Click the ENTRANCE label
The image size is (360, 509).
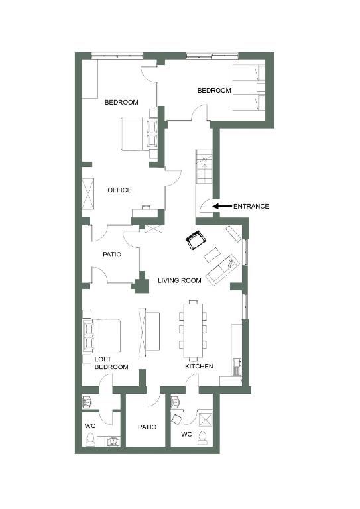coord(251,207)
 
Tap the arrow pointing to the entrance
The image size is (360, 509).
coord(221,206)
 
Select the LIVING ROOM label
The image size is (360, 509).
coord(180,280)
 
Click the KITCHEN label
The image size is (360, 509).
coord(199,366)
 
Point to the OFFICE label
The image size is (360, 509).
coord(119,190)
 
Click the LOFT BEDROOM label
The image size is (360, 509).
coord(111,363)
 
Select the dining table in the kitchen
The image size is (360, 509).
coord(193,329)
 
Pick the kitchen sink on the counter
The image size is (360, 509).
coord(236,367)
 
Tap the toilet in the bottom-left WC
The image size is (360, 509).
coord(90,440)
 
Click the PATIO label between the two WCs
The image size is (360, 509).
coord(147,427)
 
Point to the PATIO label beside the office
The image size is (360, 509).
coord(112,254)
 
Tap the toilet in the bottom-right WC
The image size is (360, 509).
coord(203,437)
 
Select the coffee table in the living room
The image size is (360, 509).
coord(211,254)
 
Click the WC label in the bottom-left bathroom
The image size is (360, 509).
coord(90,425)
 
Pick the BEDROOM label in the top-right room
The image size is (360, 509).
coord(214,90)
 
